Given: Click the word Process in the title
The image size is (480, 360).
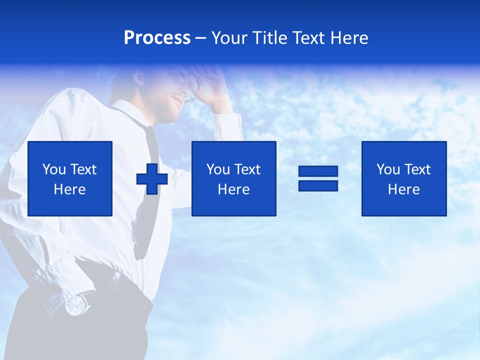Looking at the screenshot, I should tap(157, 38).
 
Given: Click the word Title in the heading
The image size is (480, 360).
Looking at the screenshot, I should tap(269, 38).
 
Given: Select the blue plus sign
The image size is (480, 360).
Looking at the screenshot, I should tap(152, 179).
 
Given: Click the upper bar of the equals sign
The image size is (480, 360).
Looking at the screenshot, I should tap(318, 171).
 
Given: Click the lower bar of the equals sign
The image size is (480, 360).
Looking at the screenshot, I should tap(318, 185).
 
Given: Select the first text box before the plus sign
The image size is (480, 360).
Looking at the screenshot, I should tap(70, 178).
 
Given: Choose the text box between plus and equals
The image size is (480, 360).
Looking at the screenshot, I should tap(233, 178).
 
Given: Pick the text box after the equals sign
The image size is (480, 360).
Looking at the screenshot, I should tap(403, 178).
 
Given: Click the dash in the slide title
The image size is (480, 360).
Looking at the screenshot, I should tap(200, 38).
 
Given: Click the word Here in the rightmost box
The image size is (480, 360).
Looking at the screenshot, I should tap(403, 189).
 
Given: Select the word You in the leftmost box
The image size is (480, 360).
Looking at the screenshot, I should tap(54, 169).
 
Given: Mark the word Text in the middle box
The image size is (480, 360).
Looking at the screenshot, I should tap(247, 169).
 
